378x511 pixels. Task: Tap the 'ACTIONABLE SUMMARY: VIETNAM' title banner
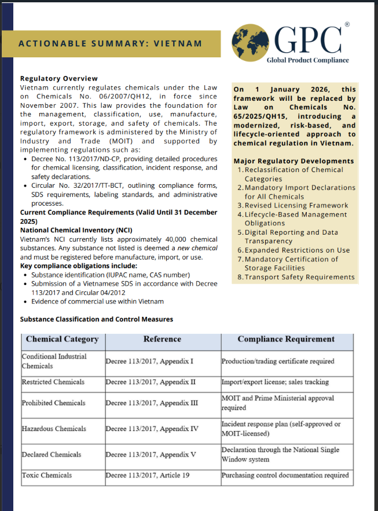pos(110,43)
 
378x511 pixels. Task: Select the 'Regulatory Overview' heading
pos(59,78)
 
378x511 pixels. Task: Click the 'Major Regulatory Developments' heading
pos(293,160)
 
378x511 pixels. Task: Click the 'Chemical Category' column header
pos(63,339)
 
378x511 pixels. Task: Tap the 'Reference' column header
pos(162,339)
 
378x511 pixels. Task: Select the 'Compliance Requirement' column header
pos(286,339)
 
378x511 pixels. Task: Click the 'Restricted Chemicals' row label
pos(53,382)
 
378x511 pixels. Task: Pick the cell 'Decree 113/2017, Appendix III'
pos(152,403)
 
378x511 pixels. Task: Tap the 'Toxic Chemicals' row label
pos(47,476)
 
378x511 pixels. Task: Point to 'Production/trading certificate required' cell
pos(278,362)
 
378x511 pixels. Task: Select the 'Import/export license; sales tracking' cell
pos(275,382)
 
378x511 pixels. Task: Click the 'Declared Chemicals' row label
pos(52,455)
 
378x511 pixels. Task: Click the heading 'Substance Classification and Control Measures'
pos(97,319)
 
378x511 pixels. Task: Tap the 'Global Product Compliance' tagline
pos(307,60)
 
